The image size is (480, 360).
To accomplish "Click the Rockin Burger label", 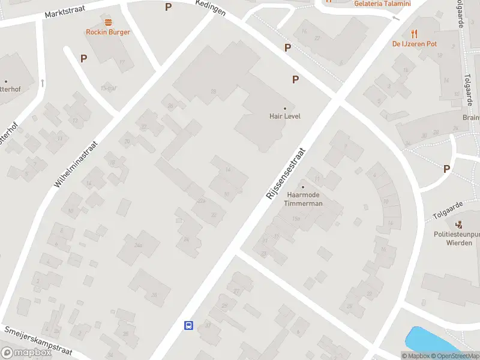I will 108,32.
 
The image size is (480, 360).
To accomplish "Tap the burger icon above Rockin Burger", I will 108,23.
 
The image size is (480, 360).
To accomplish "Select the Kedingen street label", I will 211,8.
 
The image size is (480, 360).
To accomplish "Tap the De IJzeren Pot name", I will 414,43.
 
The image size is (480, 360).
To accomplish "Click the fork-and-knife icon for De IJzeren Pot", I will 414,33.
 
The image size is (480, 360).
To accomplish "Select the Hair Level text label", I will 285,116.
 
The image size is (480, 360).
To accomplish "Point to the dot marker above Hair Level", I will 285,109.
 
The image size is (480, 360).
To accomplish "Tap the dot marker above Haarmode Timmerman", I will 303,187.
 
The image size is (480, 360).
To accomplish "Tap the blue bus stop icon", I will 188,325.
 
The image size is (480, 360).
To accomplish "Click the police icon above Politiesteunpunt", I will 460,225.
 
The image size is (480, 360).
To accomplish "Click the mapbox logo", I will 26,353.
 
